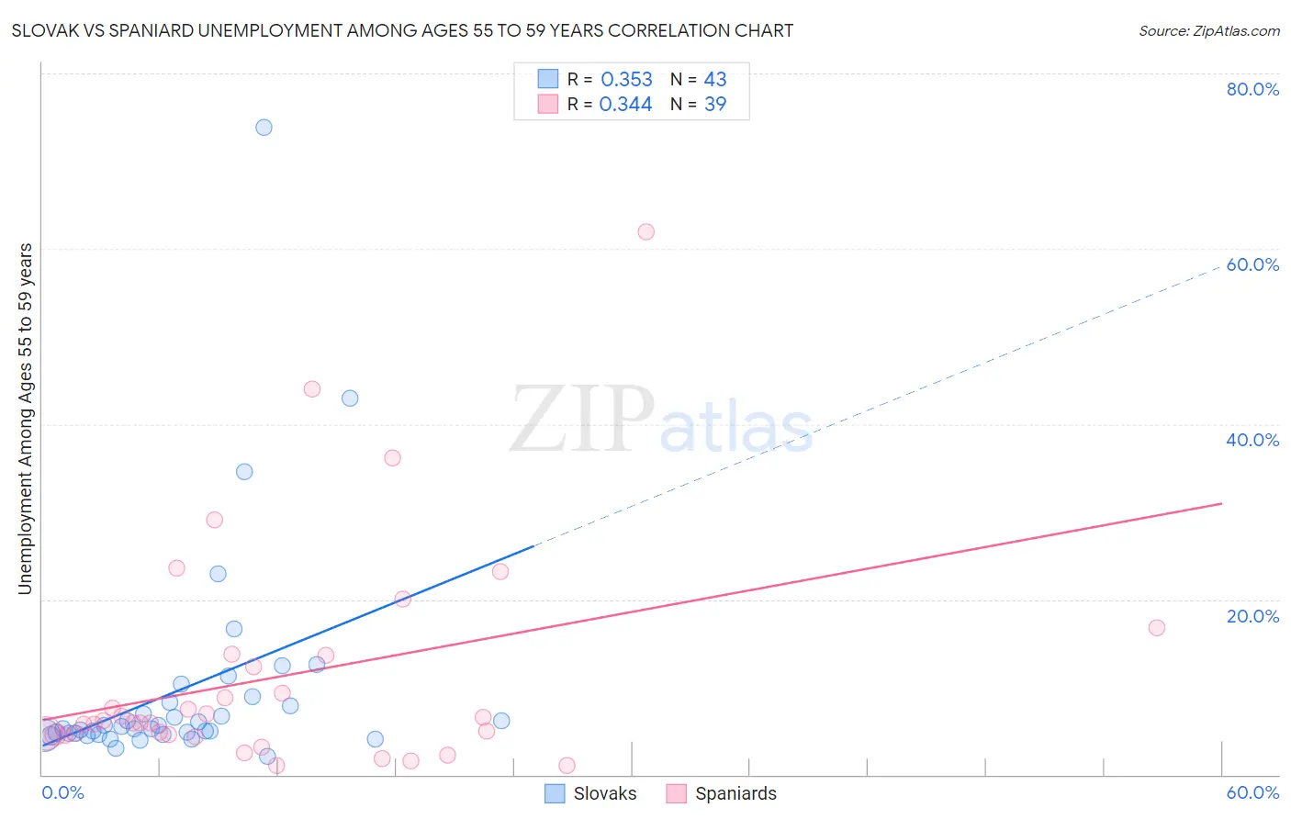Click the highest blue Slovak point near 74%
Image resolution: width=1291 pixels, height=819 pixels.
264,128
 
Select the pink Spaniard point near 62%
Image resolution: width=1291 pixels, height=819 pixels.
645,232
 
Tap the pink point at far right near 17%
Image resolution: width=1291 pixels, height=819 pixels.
1157,628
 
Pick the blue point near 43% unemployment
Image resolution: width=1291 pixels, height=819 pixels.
350,398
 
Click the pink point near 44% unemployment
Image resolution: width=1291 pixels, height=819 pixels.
312,389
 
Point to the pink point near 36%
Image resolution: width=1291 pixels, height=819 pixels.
392,458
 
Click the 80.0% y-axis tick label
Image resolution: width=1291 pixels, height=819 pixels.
1252,89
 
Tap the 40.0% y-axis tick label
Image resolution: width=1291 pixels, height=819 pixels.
1252,440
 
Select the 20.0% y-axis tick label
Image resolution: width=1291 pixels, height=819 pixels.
1252,616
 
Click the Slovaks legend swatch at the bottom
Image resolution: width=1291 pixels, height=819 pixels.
555,794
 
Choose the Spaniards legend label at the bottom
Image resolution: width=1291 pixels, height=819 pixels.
735,794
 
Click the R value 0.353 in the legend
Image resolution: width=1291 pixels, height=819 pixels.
626,80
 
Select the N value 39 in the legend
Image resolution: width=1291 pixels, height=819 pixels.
715,105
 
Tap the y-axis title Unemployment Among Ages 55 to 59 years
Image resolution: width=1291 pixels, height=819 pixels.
25,419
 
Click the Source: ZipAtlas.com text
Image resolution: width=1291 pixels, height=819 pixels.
1208,31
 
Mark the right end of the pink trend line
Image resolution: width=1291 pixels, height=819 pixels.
1221,503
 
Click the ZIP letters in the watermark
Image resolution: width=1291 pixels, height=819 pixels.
582,421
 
